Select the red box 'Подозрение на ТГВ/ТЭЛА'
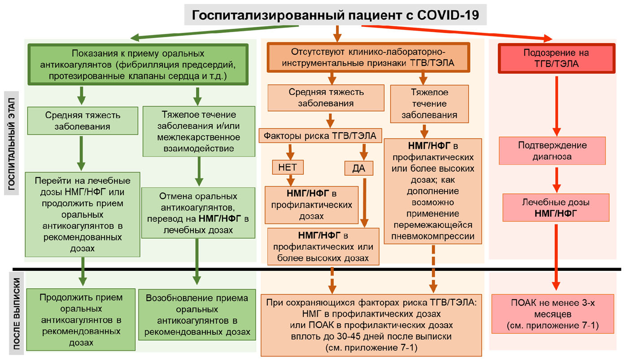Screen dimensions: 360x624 pyautogui.click(x=557, y=58)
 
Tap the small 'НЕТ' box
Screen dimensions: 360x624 pyautogui.click(x=288, y=167)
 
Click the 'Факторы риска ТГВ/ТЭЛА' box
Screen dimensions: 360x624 pyautogui.click(x=320, y=135)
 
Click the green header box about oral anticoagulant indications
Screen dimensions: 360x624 pyautogui.click(x=138, y=64)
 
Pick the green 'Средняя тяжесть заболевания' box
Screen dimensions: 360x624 pyautogui.click(x=82, y=121)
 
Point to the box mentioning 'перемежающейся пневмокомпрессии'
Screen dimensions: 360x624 pyautogui.click(x=433, y=191)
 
